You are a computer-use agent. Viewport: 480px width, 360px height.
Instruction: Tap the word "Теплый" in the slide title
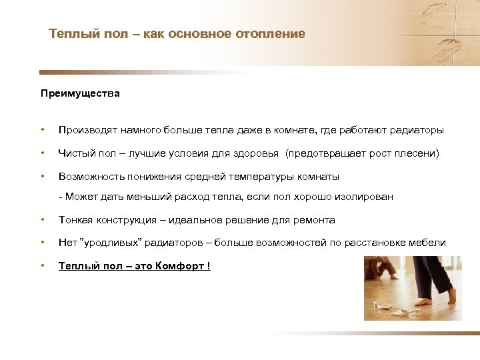pyautogui.click(x=67, y=33)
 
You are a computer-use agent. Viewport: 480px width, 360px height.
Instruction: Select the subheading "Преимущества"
pyautogui.click(x=80, y=93)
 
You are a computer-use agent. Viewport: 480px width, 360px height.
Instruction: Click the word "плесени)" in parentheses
pyautogui.click(x=418, y=153)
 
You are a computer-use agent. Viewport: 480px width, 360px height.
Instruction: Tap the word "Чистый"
pyautogui.click(x=75, y=153)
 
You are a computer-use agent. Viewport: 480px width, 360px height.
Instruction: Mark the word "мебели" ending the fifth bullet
pyautogui.click(x=428, y=243)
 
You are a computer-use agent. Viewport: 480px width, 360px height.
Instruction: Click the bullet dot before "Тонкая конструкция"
pyautogui.click(x=42, y=220)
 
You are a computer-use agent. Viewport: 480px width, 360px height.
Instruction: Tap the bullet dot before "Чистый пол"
pyautogui.click(x=42, y=153)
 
